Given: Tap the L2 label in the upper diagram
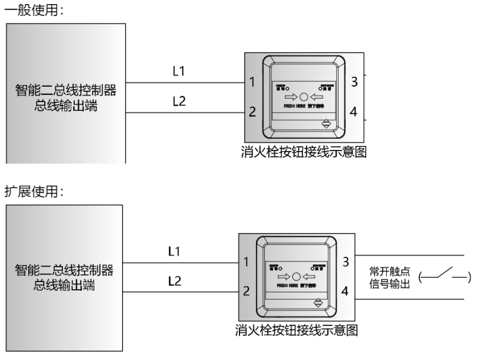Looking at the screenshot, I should (x=179, y=101).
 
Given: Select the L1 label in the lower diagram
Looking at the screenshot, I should (x=175, y=252).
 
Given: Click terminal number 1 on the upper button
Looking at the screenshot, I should (x=252, y=83).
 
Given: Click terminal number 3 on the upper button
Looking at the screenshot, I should (x=354, y=83).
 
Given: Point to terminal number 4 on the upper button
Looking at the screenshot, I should (x=354, y=110).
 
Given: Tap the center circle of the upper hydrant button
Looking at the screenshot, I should (x=303, y=97).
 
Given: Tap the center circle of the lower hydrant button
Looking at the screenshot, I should (x=297, y=276).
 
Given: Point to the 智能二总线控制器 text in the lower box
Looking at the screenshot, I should (x=64, y=271).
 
